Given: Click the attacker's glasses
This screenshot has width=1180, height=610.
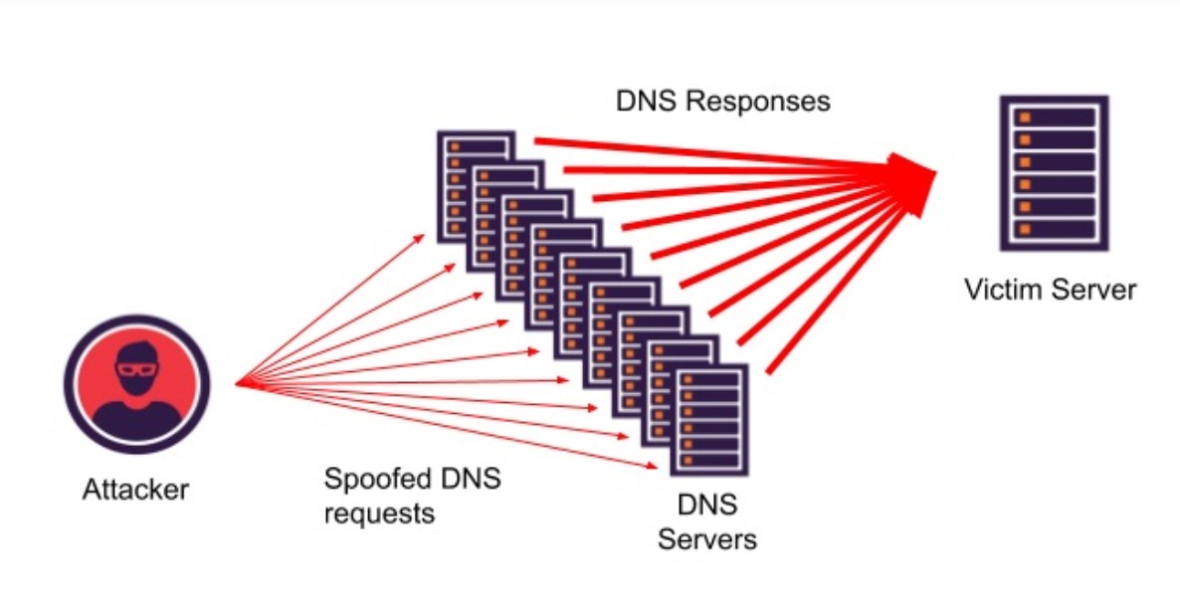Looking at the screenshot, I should tap(137, 369).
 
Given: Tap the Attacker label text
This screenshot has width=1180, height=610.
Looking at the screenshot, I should tap(135, 490).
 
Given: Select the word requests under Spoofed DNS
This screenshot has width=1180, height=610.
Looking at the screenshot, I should tap(379, 513).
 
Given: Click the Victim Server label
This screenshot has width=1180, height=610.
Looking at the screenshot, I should tap(1050, 290).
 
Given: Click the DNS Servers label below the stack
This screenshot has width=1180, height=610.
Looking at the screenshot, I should tap(707, 521).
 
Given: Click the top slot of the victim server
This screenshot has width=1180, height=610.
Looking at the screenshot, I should tap(1054, 117).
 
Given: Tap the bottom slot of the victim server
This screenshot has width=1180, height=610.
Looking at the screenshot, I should tap(1054, 230).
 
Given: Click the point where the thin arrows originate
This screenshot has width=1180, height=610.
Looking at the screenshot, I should tap(236, 384).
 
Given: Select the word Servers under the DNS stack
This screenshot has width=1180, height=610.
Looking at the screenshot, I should tap(707, 539).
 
